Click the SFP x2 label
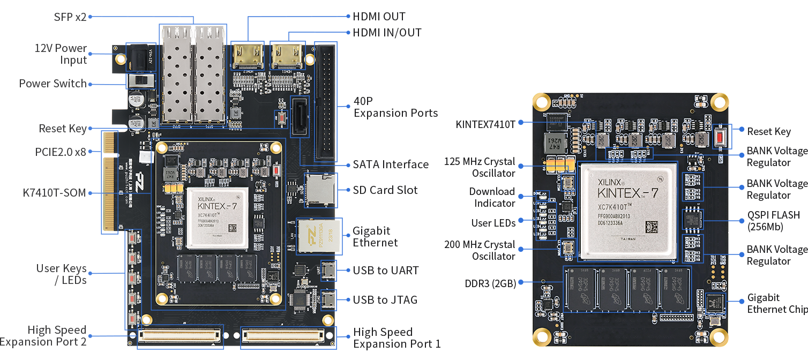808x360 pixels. [x=70, y=17]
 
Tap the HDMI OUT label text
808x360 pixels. [x=379, y=17]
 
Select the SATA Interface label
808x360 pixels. [x=391, y=164]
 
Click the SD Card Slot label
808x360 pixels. [x=385, y=190]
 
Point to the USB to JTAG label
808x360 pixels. [x=385, y=300]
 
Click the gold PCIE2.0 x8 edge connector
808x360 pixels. [x=110, y=182]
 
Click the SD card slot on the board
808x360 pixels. [x=320, y=190]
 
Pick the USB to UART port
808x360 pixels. [x=328, y=271]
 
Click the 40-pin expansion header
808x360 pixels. [x=325, y=102]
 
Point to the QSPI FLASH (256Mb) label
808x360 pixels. [x=773, y=221]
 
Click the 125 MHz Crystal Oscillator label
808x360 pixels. [x=480, y=167]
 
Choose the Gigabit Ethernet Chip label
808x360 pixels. [x=777, y=304]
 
